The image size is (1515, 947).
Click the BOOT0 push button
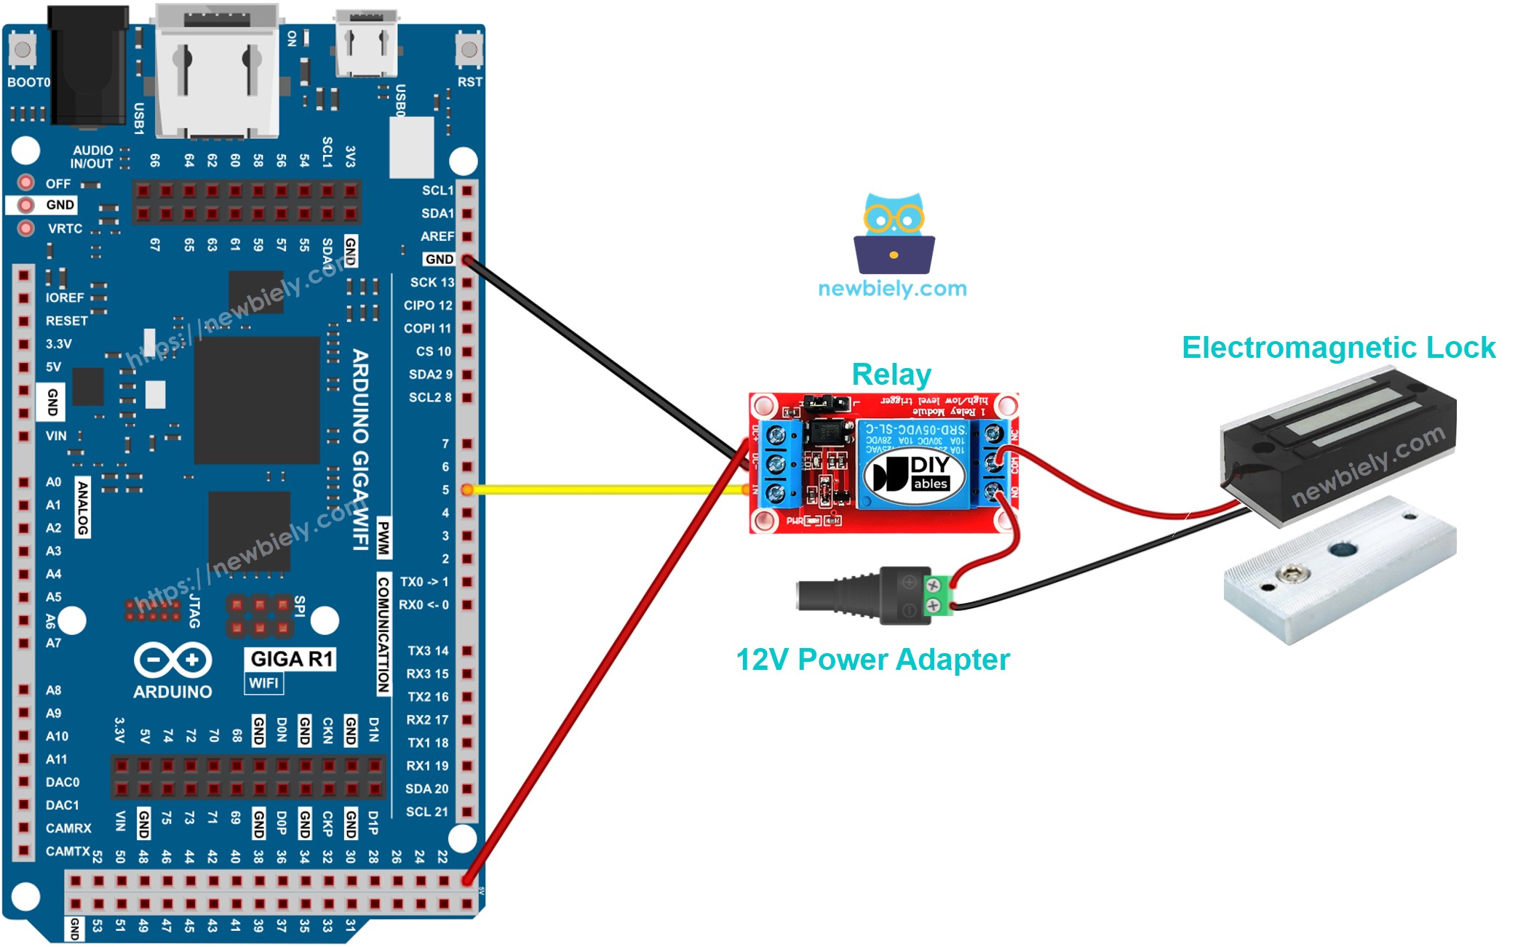pos(22,49)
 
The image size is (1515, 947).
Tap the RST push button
pos(469,49)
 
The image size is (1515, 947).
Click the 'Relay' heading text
pos(891,375)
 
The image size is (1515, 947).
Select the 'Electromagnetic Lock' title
pos(1337,348)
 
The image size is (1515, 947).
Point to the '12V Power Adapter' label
pos(872,660)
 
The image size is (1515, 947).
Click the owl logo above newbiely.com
pos(894,233)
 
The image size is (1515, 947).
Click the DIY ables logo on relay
pos(914,474)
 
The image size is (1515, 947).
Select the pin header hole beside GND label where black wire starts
pos(467,260)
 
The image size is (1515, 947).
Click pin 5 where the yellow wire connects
pos(467,490)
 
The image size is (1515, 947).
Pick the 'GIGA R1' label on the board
pos(291,659)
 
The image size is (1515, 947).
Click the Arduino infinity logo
pos(173,660)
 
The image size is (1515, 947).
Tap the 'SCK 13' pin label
pos(432,282)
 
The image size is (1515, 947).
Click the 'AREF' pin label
pos(437,236)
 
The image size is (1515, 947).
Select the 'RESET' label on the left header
pos(66,321)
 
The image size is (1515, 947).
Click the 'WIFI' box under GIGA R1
pos(263,683)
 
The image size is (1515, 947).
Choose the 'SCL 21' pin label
pos(427,812)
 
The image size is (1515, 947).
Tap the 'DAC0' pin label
pos(63,782)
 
